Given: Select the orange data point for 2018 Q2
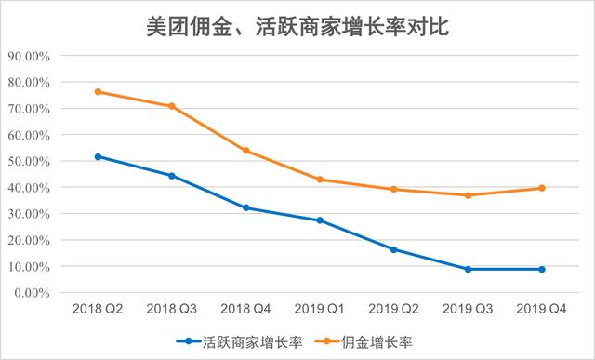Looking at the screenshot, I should [x=98, y=92].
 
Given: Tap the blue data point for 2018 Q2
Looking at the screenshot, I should [x=98, y=156].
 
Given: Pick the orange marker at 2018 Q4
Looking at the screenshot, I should [x=245, y=151].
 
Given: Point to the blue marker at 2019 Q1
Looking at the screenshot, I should [x=320, y=220].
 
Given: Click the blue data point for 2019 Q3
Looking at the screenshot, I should [x=468, y=269].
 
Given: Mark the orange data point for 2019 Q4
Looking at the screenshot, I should [x=541, y=188].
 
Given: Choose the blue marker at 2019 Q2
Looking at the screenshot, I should [x=393, y=249].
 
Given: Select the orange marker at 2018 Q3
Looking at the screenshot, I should [x=172, y=106].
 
